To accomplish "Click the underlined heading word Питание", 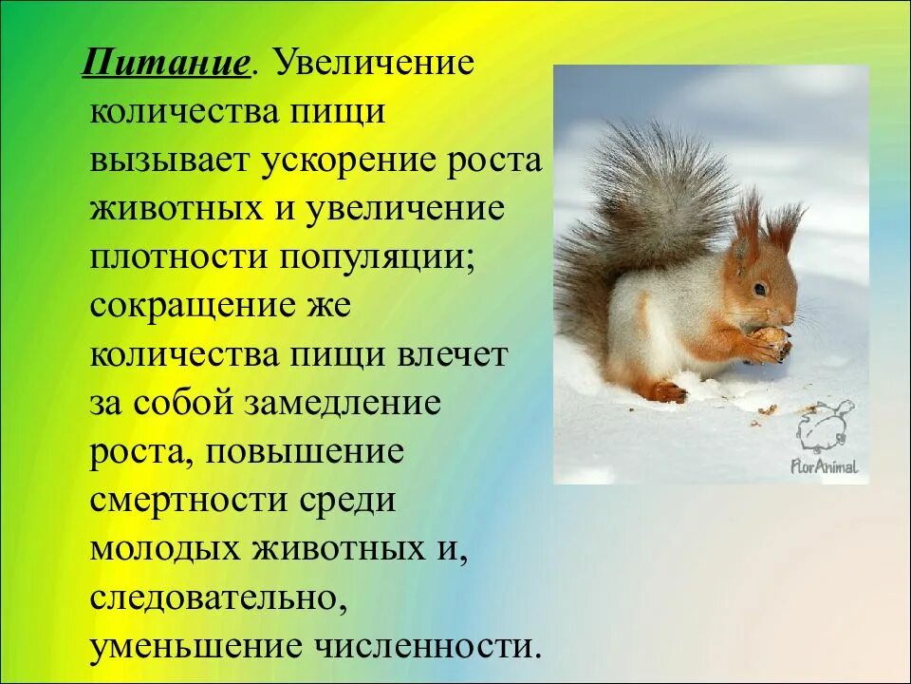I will tap(167, 66).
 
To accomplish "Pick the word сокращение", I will tap(190, 308).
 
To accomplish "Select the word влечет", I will tap(453, 355).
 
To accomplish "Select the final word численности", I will tap(427, 647).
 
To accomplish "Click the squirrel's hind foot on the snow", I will tap(668, 390).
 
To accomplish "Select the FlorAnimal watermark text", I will tap(823, 465).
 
